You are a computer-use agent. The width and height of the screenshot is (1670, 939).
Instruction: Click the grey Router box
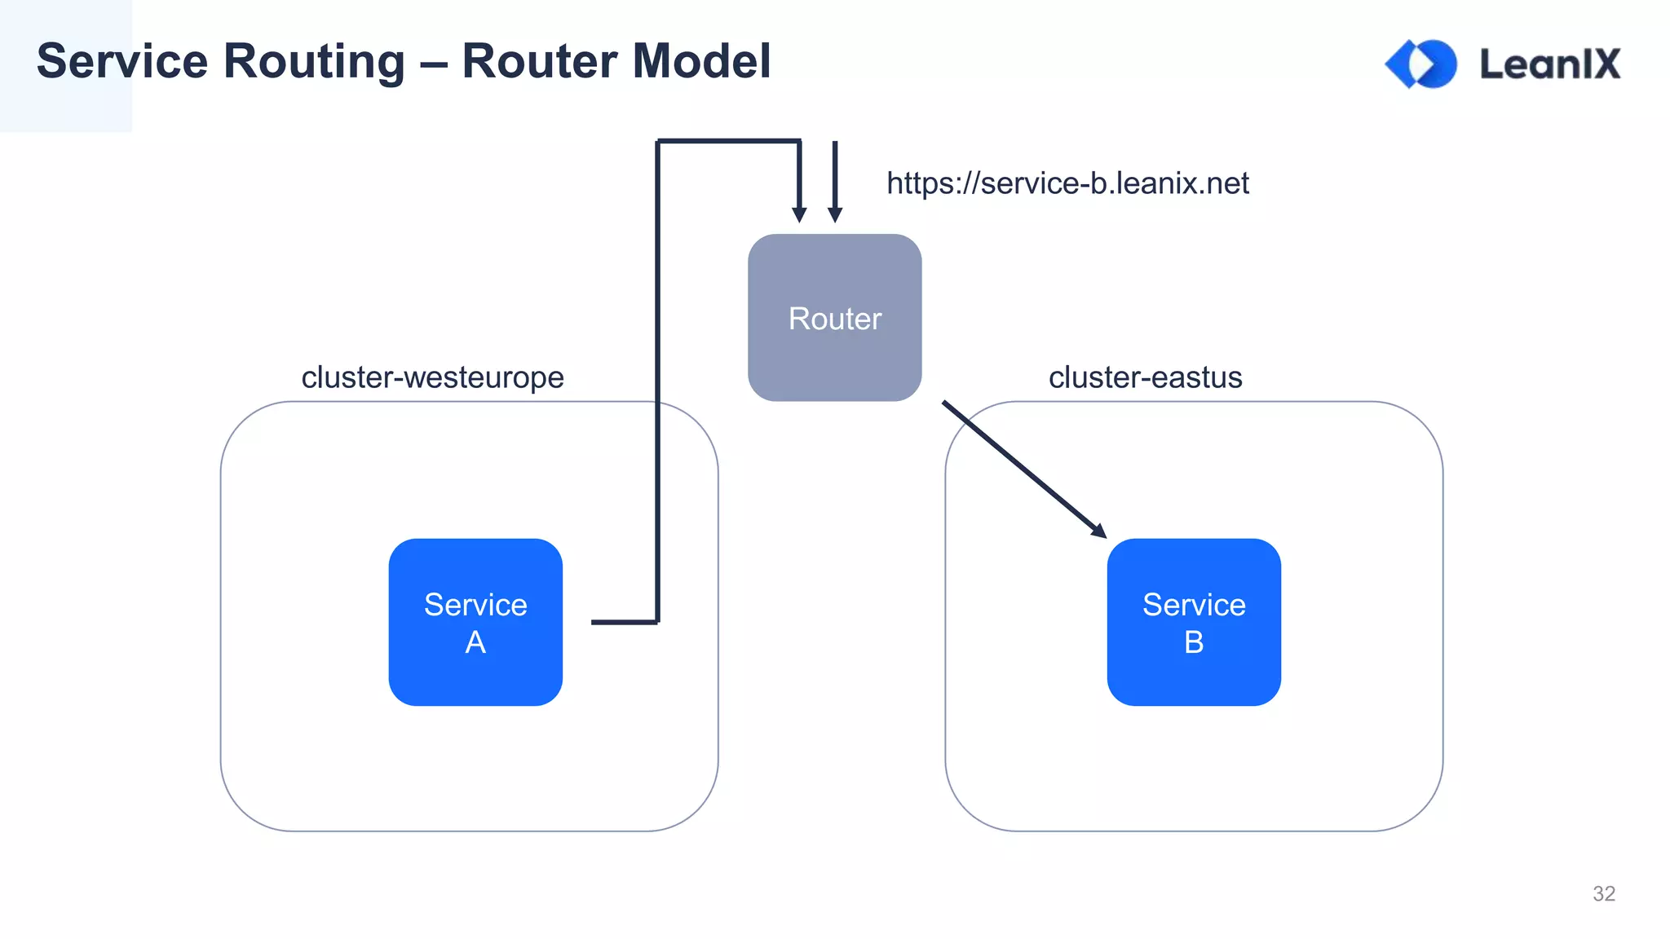click(834, 317)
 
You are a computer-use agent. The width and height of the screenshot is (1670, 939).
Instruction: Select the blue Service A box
click(475, 622)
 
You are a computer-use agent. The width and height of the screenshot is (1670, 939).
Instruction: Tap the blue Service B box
click(1194, 622)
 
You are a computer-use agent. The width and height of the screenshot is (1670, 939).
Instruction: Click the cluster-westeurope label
click(432, 377)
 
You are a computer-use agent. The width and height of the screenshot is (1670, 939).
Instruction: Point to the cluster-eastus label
click(1145, 377)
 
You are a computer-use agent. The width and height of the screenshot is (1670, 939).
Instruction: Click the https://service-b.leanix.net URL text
click(1067, 183)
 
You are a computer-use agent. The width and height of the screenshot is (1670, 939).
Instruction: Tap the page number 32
click(1603, 893)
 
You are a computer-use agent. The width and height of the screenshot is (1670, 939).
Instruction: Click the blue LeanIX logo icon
click(1421, 64)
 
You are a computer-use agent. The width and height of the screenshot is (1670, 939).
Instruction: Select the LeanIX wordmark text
click(1549, 64)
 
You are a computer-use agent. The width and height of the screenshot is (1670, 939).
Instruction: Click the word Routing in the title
click(314, 62)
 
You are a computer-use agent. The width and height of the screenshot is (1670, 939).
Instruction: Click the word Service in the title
click(122, 62)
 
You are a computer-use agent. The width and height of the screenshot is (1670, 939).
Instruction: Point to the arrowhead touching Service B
click(1099, 531)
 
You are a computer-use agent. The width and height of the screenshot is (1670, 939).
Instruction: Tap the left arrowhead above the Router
click(799, 214)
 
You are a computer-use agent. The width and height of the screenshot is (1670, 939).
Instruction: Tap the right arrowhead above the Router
click(835, 214)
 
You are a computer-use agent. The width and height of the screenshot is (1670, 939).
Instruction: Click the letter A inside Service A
click(475, 642)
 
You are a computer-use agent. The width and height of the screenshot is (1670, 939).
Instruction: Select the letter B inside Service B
click(1194, 642)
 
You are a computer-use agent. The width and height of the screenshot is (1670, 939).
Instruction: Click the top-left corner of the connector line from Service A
click(659, 142)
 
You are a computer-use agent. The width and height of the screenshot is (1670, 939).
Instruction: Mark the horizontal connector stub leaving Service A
click(624, 622)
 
